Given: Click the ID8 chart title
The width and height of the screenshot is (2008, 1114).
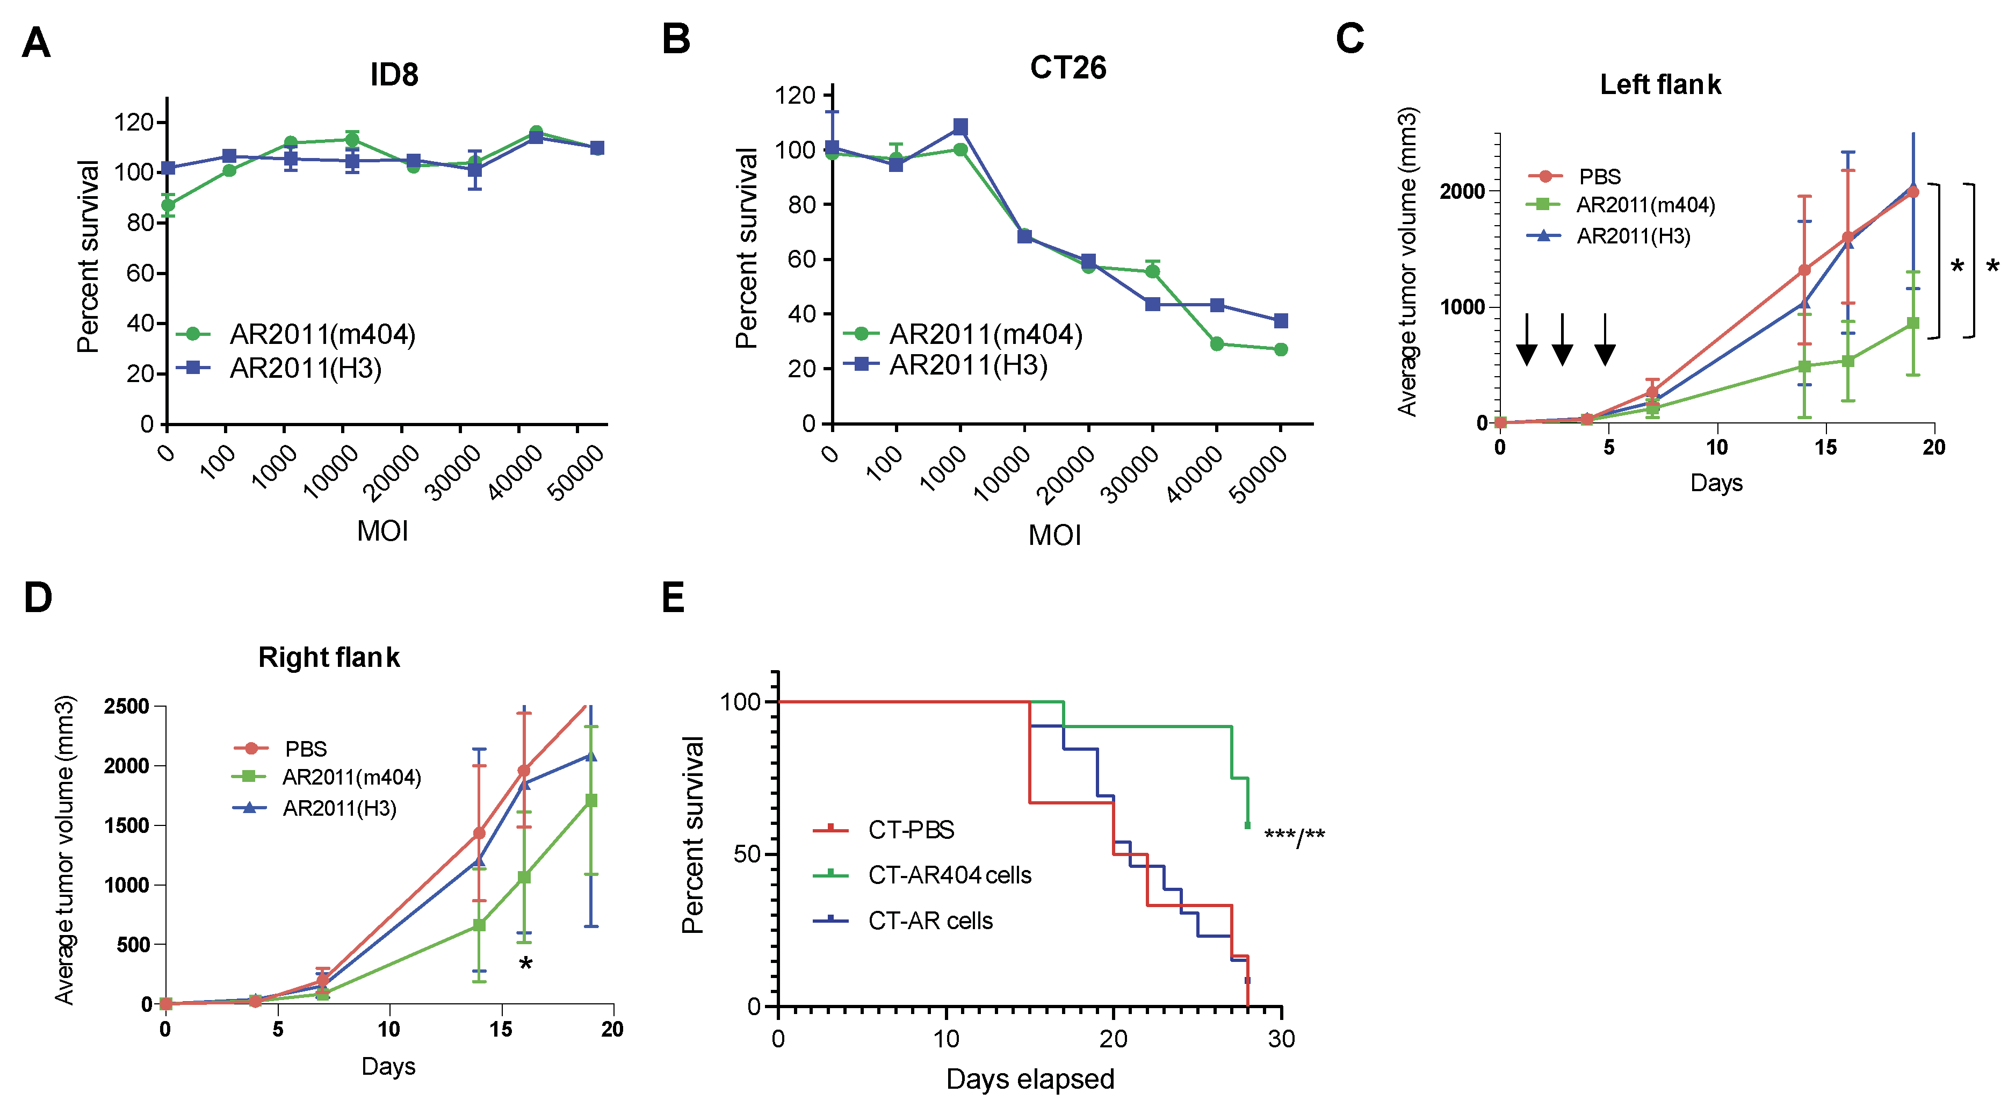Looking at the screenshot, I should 394,75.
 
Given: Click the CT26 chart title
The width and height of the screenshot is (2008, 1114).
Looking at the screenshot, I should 1067,68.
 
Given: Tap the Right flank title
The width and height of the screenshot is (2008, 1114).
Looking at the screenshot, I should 328,657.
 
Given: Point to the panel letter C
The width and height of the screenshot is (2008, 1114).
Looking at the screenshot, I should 1349,39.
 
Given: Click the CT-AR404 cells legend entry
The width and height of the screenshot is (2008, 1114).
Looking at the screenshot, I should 949,875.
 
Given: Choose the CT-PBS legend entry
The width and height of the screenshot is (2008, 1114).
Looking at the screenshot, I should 911,830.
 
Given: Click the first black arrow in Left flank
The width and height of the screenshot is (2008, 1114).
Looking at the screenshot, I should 1526,340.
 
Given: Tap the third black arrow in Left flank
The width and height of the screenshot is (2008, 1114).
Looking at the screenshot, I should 1604,340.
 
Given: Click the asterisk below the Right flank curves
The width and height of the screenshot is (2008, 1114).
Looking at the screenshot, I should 526,964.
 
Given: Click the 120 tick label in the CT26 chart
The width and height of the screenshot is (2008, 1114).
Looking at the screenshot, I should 794,95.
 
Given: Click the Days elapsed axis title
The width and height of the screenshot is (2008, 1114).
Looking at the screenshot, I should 1030,1079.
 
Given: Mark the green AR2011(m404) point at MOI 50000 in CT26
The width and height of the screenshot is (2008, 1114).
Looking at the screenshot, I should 1281,349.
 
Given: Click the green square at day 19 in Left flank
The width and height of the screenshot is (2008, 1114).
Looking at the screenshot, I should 1913,323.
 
